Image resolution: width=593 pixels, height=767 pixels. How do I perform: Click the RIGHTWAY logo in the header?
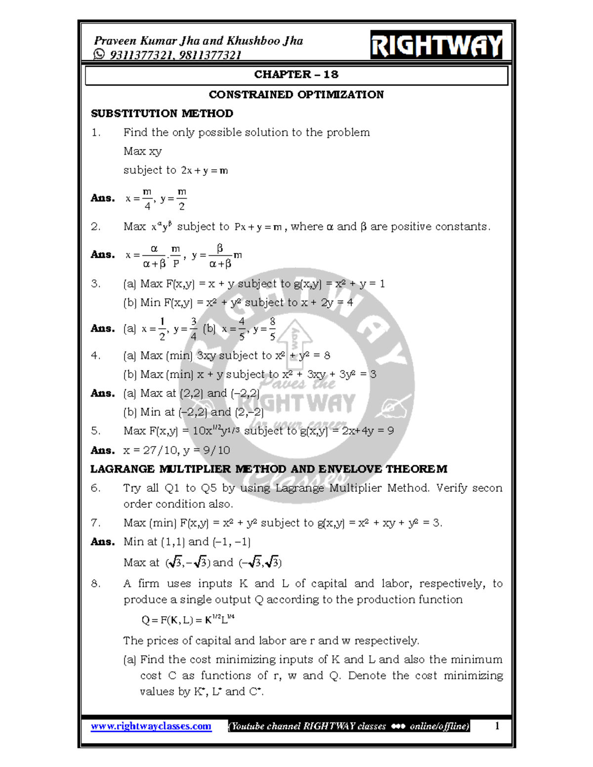tap(436, 45)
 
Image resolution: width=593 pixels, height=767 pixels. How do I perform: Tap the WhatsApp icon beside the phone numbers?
tap(99, 54)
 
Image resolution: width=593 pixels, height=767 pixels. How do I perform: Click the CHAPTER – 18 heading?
tap(296, 75)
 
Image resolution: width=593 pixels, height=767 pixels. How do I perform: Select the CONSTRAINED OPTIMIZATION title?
tap(296, 94)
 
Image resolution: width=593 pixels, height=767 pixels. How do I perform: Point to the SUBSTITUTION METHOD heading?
tap(162, 114)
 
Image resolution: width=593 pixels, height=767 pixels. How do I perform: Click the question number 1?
tap(96, 132)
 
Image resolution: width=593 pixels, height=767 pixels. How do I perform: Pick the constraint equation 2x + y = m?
tap(205, 171)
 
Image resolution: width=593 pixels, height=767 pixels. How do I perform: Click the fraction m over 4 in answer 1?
tap(147, 199)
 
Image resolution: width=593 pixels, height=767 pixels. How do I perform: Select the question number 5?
tap(96, 431)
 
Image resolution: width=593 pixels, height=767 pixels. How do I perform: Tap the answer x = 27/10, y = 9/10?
tap(176, 450)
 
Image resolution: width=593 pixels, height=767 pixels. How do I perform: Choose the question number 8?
tap(96, 584)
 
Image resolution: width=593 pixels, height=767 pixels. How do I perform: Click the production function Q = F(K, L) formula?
tap(188, 620)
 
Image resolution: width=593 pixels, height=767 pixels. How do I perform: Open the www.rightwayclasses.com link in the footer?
tap(151, 726)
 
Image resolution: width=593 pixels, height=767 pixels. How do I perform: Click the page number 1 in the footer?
tap(497, 726)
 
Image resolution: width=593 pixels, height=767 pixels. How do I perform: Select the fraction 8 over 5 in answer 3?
tap(272, 329)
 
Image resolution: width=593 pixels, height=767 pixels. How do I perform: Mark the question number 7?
tap(96, 523)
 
